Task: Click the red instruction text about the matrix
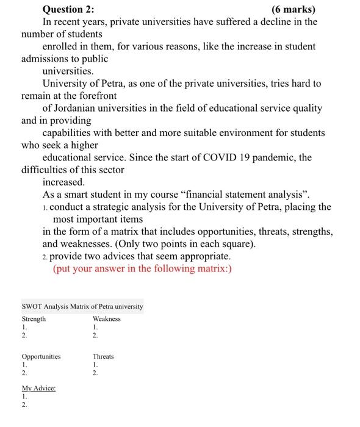pyautogui.click(x=143, y=268)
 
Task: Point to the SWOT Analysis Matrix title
pyautogui.click(x=82, y=306)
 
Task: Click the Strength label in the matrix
pyautogui.click(x=34, y=319)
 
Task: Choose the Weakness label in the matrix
pyautogui.click(x=107, y=319)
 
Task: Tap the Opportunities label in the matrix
pyautogui.click(x=41, y=357)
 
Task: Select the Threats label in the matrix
pyautogui.click(x=103, y=357)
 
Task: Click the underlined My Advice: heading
pyautogui.click(x=38, y=389)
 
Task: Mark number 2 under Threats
pyautogui.click(x=95, y=373)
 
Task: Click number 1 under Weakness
pyautogui.click(x=95, y=328)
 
